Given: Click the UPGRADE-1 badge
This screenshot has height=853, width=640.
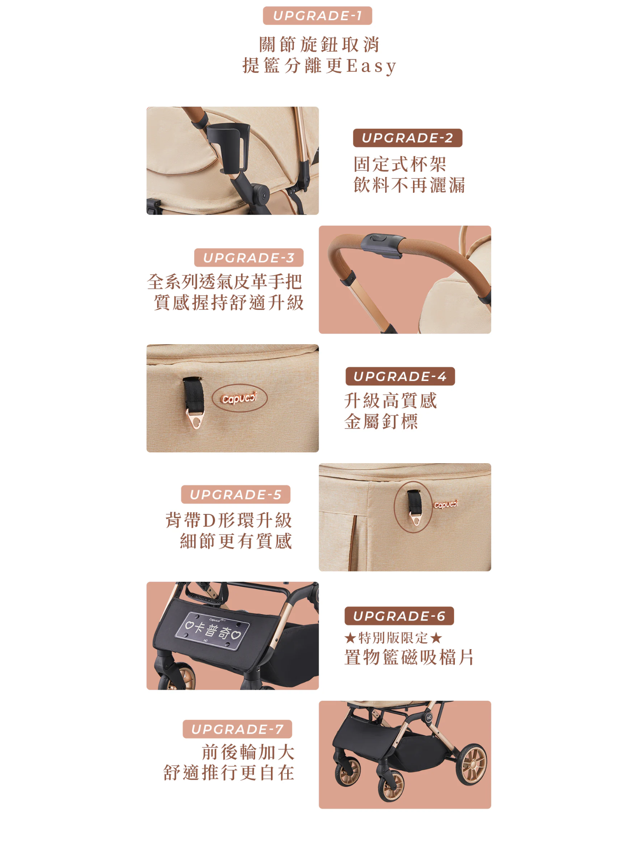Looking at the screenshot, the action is (317, 16).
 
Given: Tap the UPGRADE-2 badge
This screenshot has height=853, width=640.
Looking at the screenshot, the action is (407, 138).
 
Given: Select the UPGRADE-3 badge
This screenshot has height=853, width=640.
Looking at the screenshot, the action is (249, 258).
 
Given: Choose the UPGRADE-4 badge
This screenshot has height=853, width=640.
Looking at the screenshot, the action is (400, 376).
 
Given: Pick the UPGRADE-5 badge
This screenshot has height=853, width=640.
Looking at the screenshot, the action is (236, 494).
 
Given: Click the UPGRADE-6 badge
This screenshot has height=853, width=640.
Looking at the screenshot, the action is (399, 616).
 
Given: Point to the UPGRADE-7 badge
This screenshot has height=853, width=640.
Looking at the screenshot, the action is (237, 729).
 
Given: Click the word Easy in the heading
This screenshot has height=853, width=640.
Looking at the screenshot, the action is (372, 66).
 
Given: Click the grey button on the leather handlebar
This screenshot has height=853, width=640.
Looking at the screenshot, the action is (381, 245).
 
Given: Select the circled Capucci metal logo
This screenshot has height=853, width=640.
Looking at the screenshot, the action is (239, 398).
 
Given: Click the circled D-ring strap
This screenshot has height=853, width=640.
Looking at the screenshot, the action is (413, 507).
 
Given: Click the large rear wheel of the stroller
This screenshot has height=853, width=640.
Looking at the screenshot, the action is (472, 765).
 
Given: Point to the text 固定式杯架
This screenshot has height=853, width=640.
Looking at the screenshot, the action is (400, 164).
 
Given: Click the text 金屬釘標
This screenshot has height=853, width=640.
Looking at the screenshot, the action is (381, 421).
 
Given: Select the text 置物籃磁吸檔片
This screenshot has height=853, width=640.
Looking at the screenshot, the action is (409, 657).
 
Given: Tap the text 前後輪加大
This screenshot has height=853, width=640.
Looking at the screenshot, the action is (248, 752).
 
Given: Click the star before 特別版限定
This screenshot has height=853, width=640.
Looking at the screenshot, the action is (350, 638).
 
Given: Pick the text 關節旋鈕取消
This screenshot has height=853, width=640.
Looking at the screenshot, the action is (320, 44).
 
